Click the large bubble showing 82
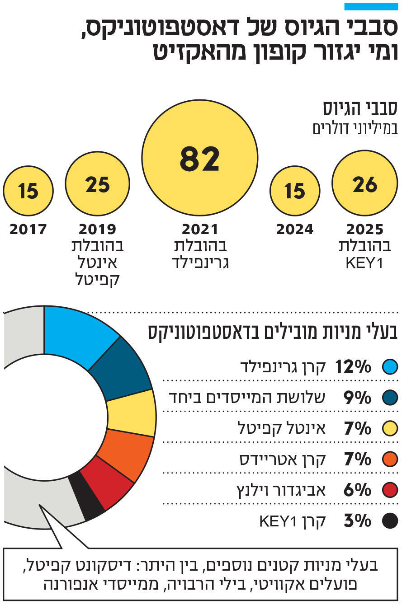tap(199, 158)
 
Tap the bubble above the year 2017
tap(28, 191)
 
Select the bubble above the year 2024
tap(295, 191)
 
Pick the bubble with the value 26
tap(364, 183)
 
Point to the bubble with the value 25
tap(97, 183)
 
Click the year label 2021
tap(199, 230)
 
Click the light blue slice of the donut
tap(77, 334)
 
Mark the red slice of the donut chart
tap(107, 483)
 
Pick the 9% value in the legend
tap(357, 398)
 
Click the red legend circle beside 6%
tap(389, 490)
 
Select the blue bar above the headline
tap(371, 6)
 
